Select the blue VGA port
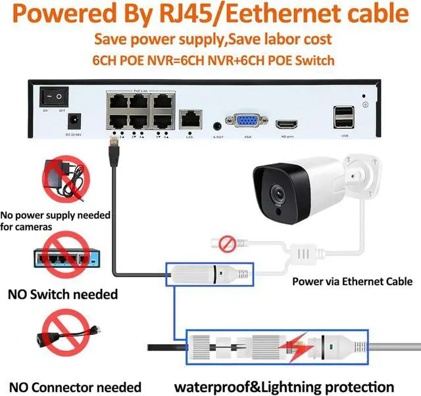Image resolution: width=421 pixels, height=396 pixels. (x=241, y=122)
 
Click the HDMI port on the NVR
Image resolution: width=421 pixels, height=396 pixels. (x=287, y=123)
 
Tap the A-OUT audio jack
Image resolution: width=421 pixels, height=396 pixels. (x=218, y=123)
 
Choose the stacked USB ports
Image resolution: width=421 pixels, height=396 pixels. (x=343, y=118)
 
